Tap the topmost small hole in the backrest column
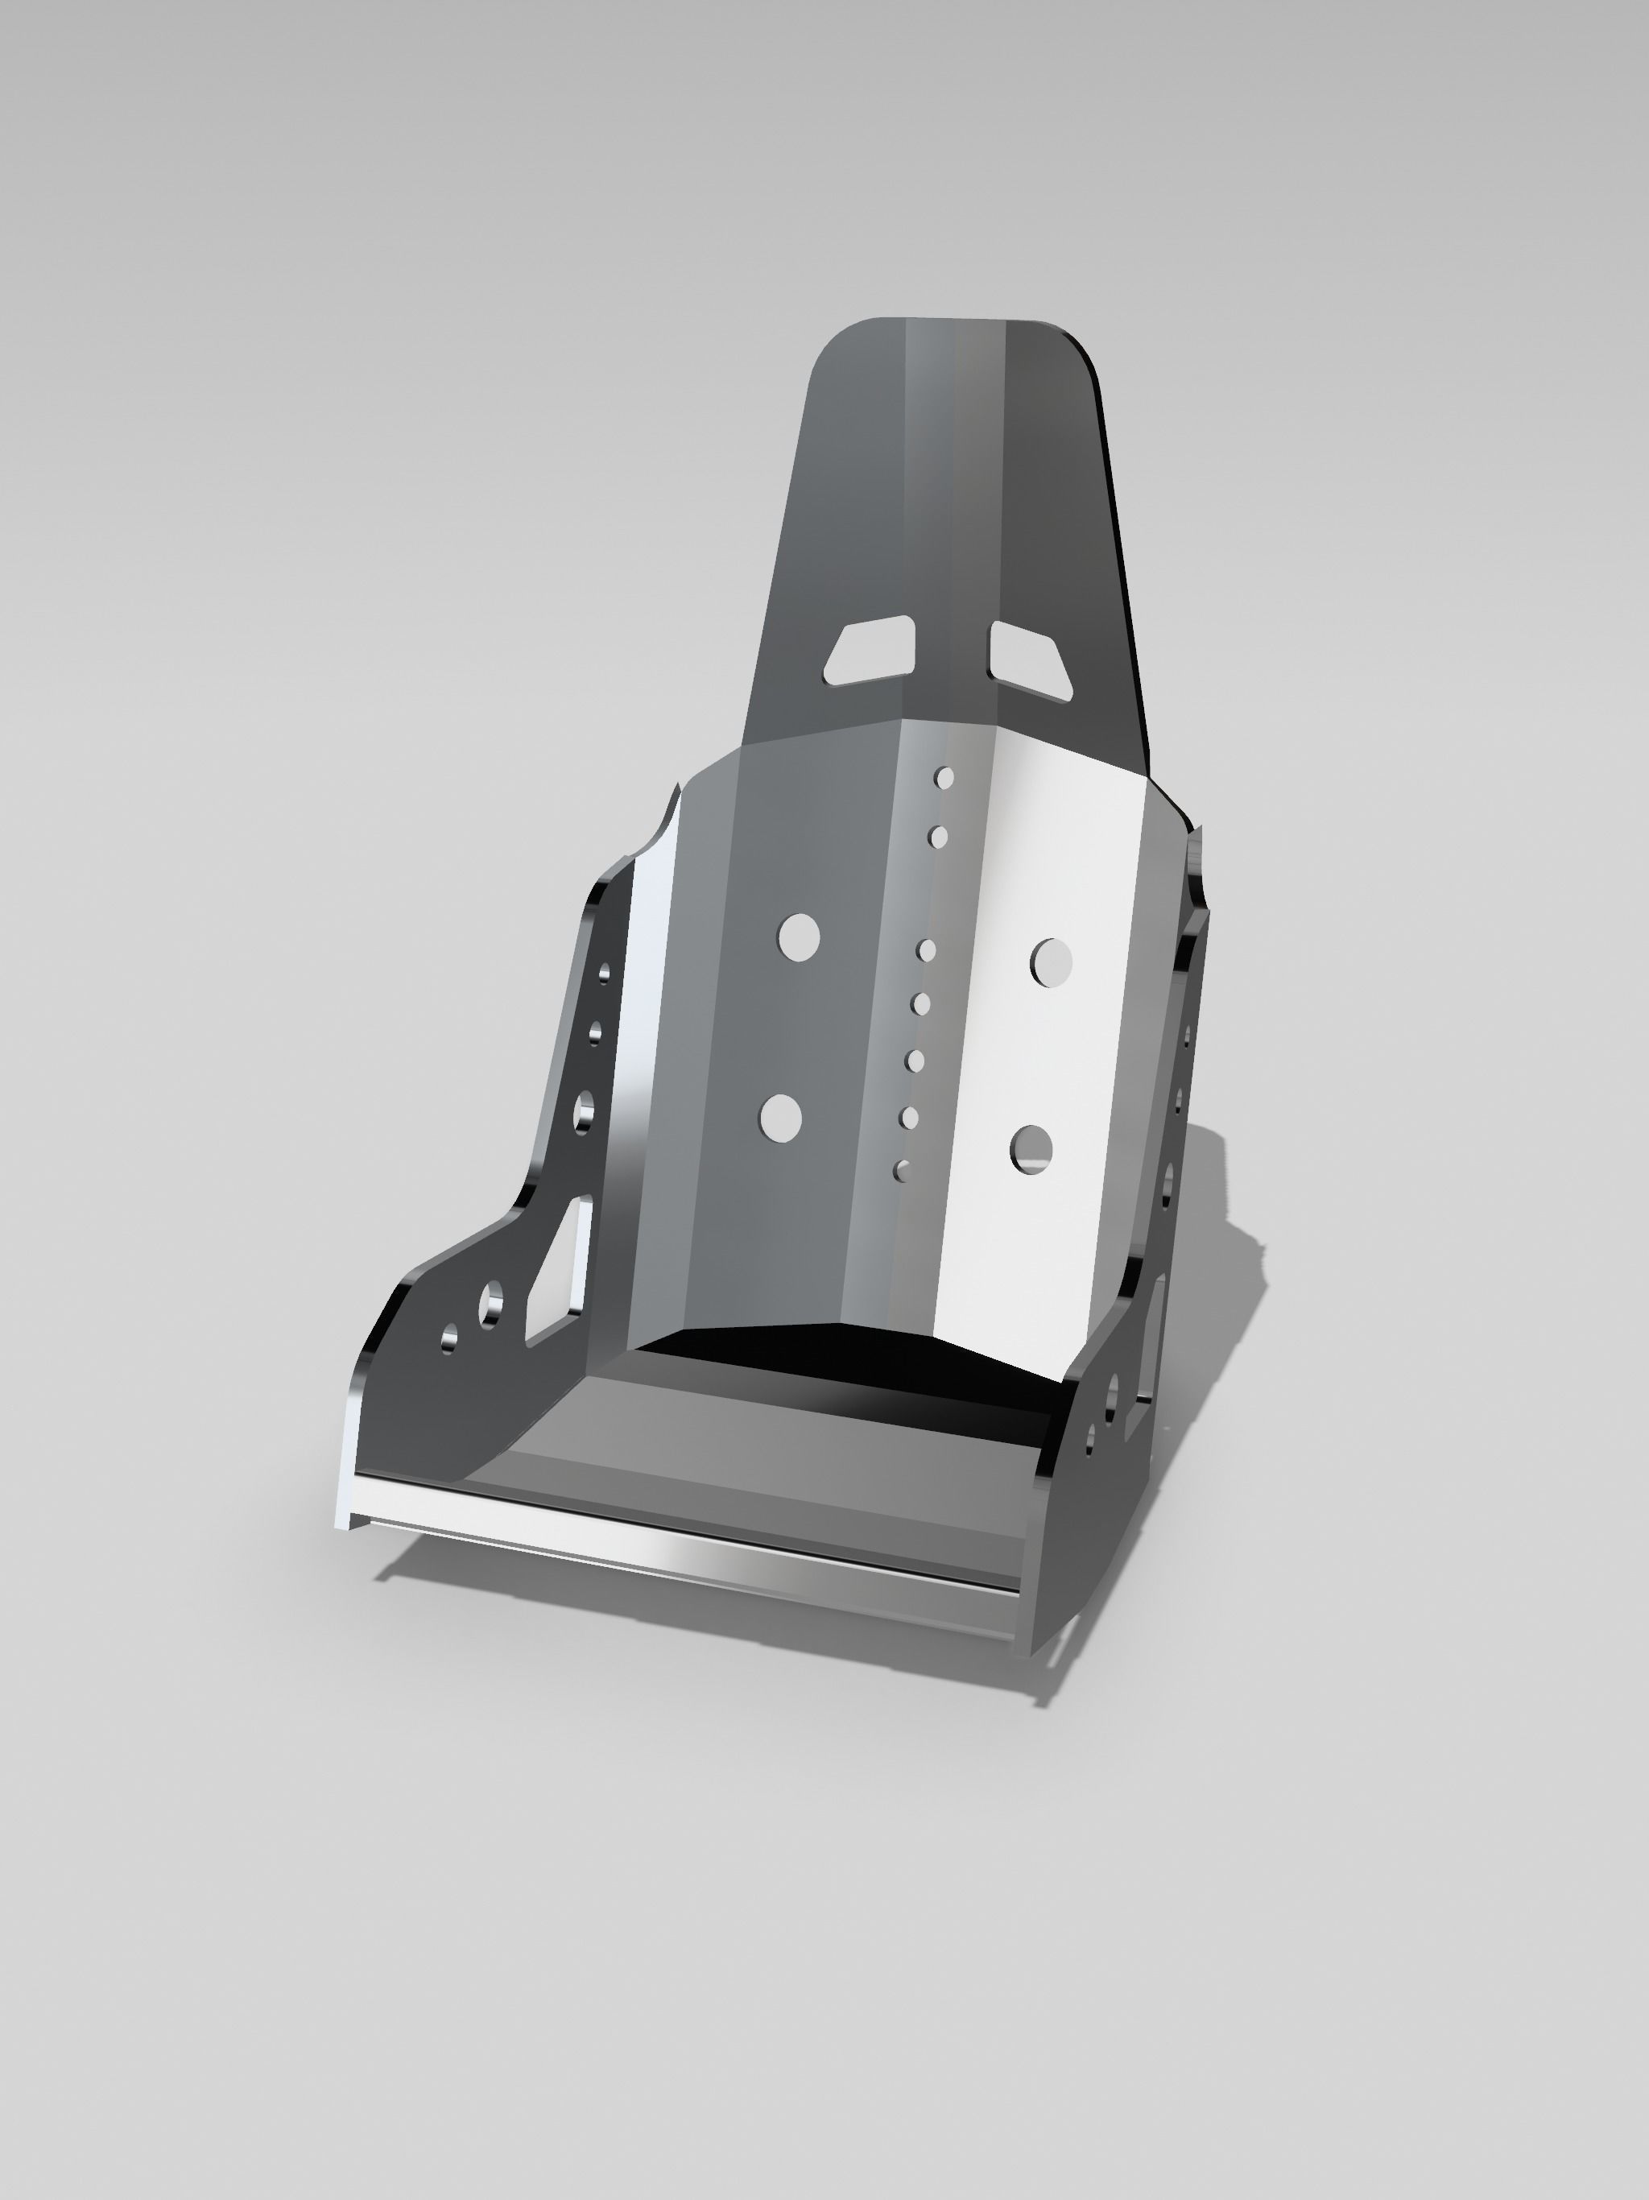[944, 778]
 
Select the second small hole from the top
[938, 837]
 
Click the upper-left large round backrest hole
[799, 937]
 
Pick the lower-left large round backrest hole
[781, 1118]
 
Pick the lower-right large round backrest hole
[1032, 1150]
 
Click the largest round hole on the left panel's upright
[584, 1111]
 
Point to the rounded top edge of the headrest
[955, 321]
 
